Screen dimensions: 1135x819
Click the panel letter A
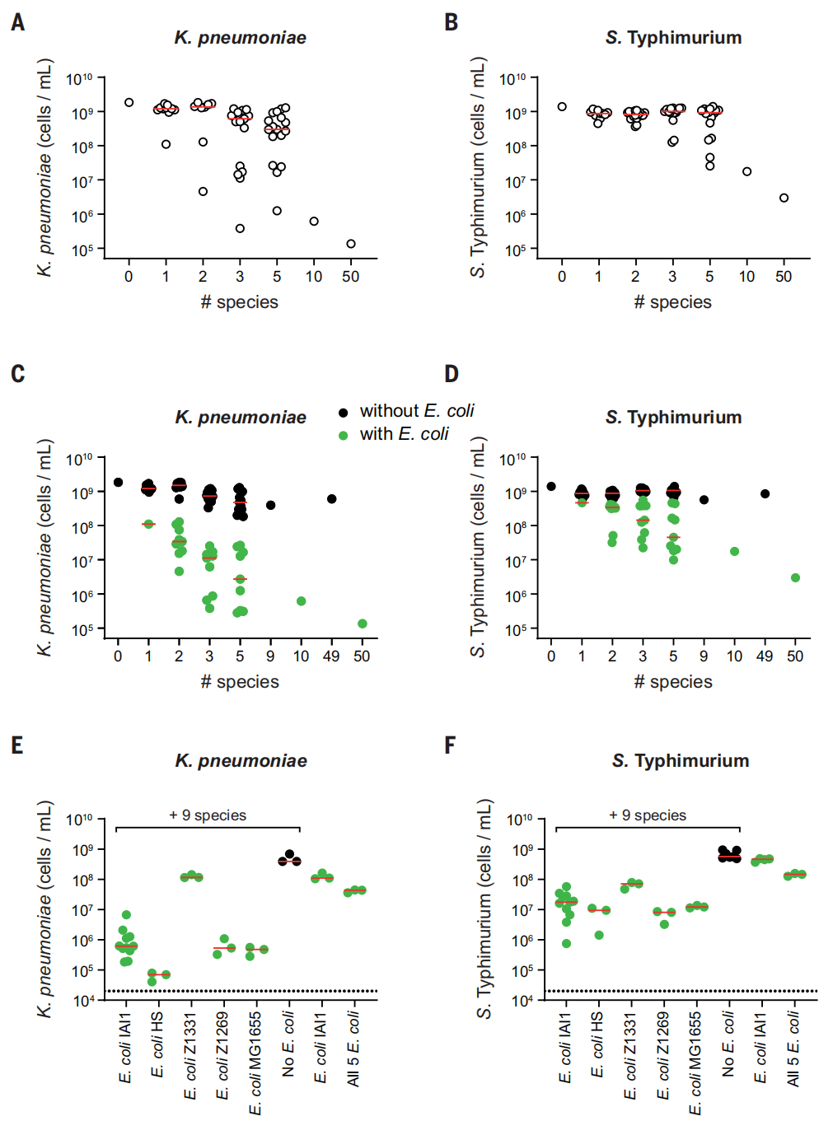tap(17, 22)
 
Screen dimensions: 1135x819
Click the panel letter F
tap(450, 745)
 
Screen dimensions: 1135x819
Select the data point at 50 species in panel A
tap(351, 244)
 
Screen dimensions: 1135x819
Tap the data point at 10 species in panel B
tap(746, 172)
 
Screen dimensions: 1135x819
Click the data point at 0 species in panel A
tap(129, 103)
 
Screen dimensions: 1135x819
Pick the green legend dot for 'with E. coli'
tap(344, 435)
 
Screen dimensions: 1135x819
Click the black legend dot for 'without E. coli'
tap(344, 412)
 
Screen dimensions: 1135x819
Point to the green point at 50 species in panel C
tap(363, 624)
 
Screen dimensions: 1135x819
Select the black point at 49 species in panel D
tap(765, 494)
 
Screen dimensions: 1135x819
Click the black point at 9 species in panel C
tap(271, 505)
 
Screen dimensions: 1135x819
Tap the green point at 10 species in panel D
tap(734, 552)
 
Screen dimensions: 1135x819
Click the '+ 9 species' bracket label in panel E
tap(208, 815)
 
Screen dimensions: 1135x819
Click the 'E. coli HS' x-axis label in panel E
tap(157, 1044)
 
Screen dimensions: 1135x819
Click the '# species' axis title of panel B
tap(672, 302)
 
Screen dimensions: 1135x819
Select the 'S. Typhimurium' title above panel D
tap(673, 418)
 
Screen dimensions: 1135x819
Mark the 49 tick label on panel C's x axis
tap(331, 656)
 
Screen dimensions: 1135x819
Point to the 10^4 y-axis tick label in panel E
tap(80, 1000)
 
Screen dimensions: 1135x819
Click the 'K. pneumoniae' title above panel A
tap(240, 38)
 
